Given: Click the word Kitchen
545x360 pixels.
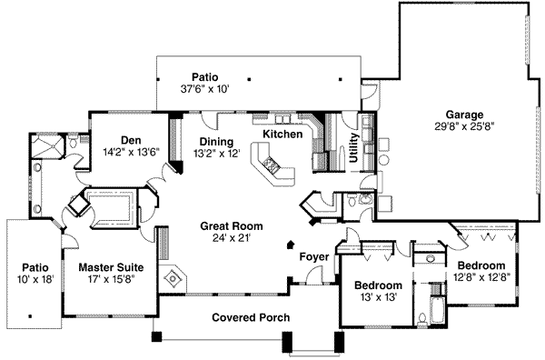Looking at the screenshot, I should tap(282, 134).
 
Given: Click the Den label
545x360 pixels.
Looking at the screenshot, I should tap(133, 140).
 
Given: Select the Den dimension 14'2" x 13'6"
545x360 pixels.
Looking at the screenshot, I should tap(133, 152).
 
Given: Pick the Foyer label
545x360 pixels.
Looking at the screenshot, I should tap(314, 256).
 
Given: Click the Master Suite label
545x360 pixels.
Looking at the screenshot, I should tap(107, 267).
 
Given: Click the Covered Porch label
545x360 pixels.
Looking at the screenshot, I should tap(251, 317).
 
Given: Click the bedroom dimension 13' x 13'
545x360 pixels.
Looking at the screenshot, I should tap(377, 296).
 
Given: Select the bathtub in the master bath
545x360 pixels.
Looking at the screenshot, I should tap(112, 209).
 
